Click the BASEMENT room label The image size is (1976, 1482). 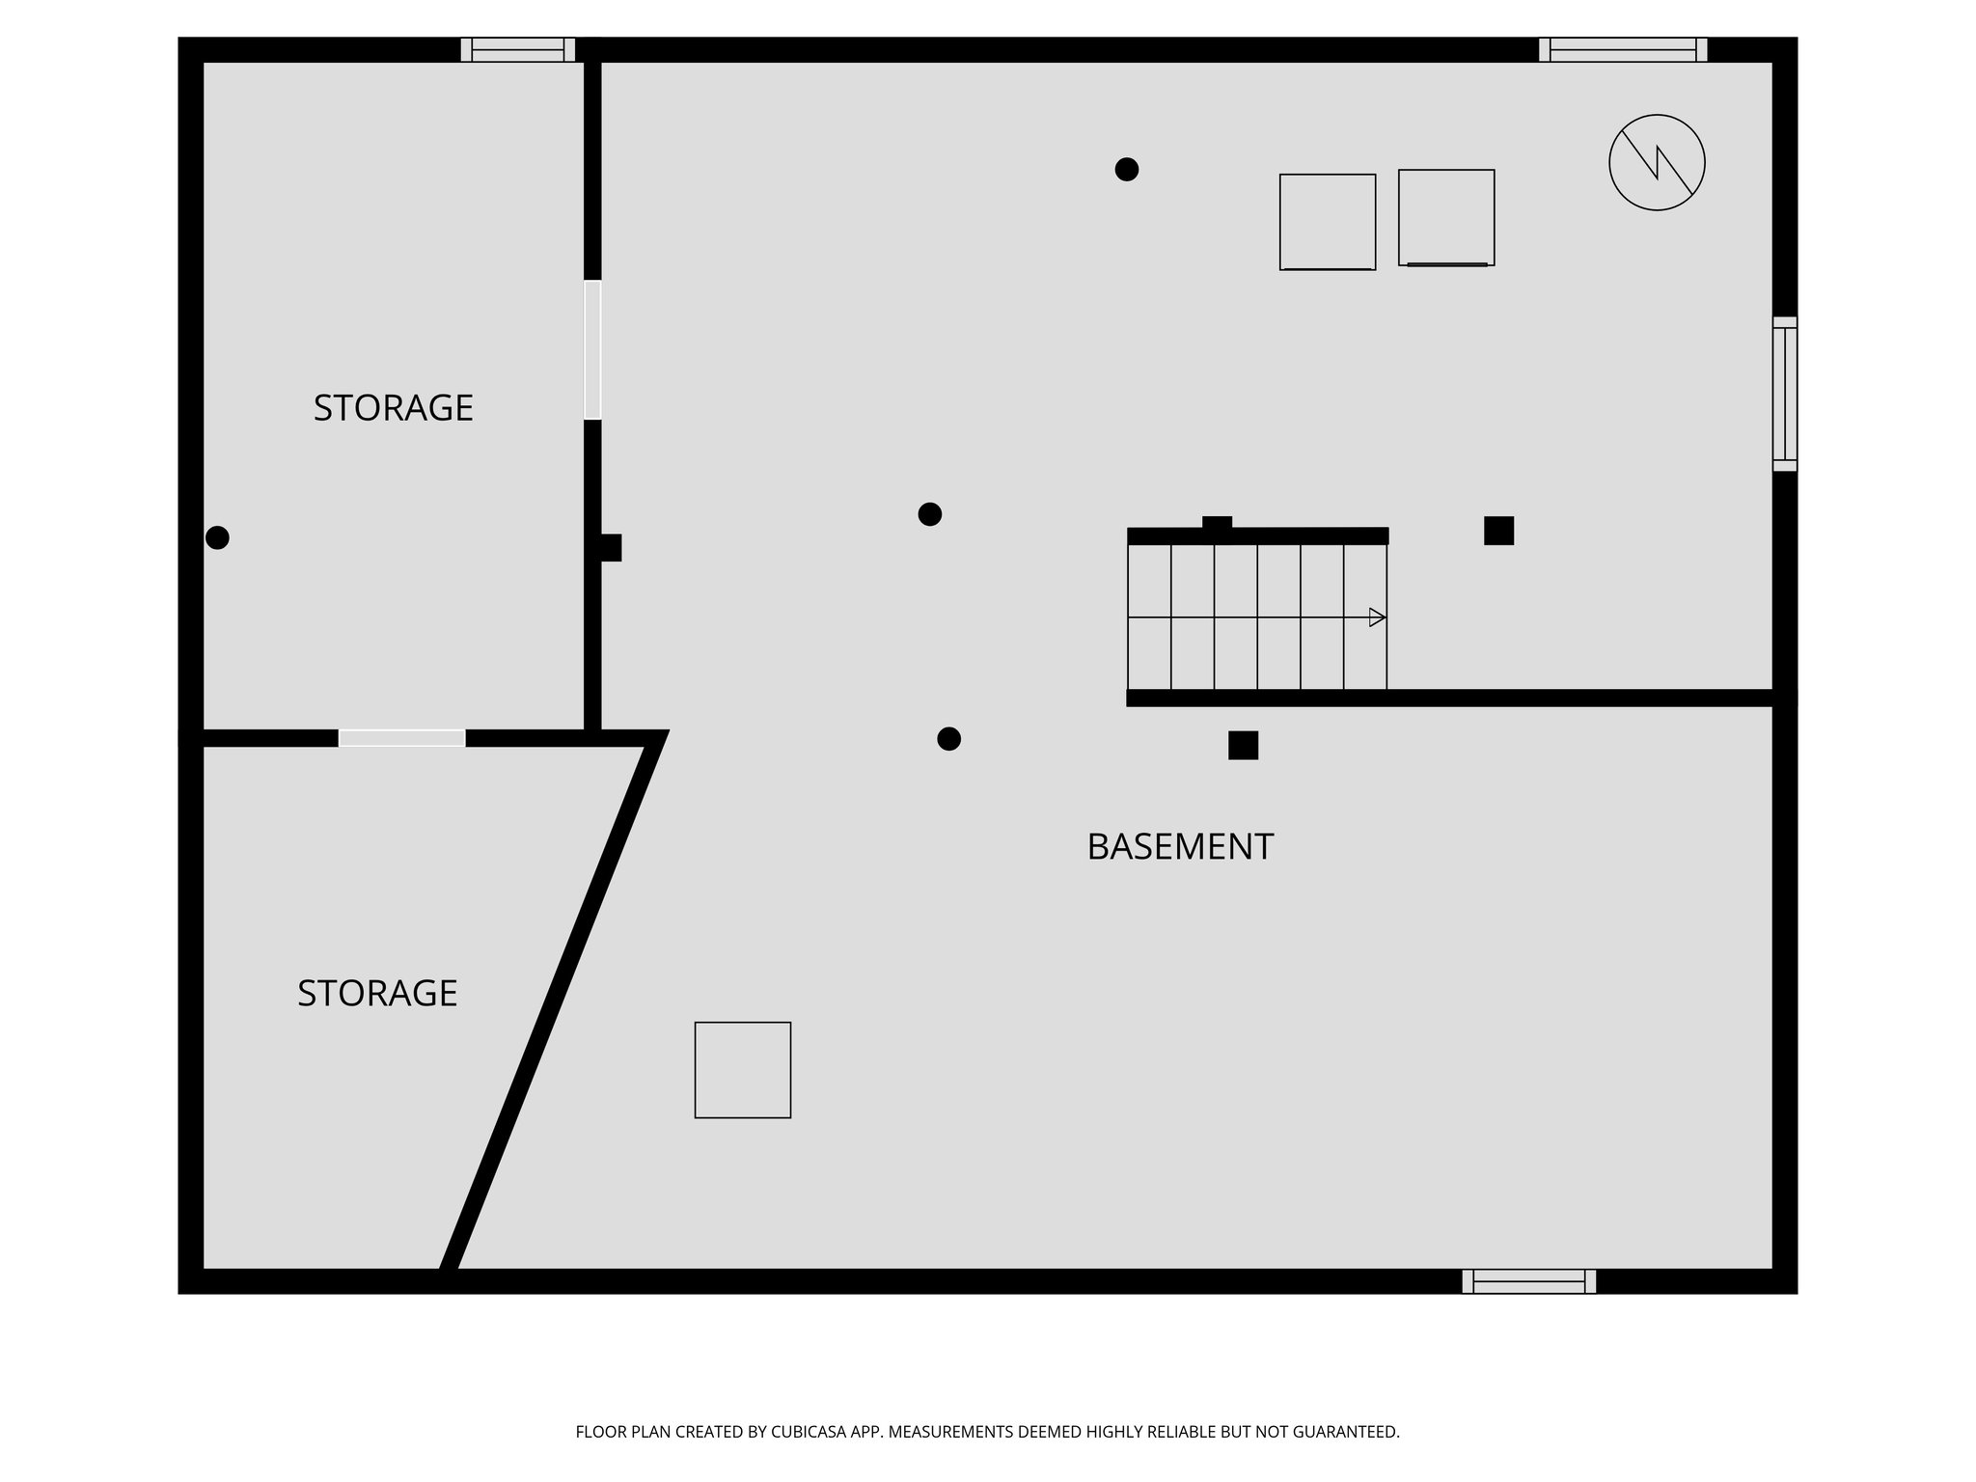1179,847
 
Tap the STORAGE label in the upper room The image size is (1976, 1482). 393,408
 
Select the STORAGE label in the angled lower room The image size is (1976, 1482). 377,993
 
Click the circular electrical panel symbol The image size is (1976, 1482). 1657,162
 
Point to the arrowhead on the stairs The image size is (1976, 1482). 1378,617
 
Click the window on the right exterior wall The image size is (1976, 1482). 1785,394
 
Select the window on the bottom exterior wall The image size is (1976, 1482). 1529,1281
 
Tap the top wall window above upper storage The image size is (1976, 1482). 517,50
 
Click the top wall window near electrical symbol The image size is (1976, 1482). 1623,50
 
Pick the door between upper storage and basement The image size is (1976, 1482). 592,350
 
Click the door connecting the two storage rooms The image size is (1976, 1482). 402,738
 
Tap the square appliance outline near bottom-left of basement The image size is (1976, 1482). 743,1070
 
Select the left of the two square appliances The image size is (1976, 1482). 1328,222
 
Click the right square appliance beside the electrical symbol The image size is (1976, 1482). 1446,218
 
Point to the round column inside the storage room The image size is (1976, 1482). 218,537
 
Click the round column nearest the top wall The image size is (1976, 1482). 1126,170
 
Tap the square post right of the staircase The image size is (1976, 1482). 1498,531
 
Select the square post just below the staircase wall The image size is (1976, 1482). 1243,745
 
